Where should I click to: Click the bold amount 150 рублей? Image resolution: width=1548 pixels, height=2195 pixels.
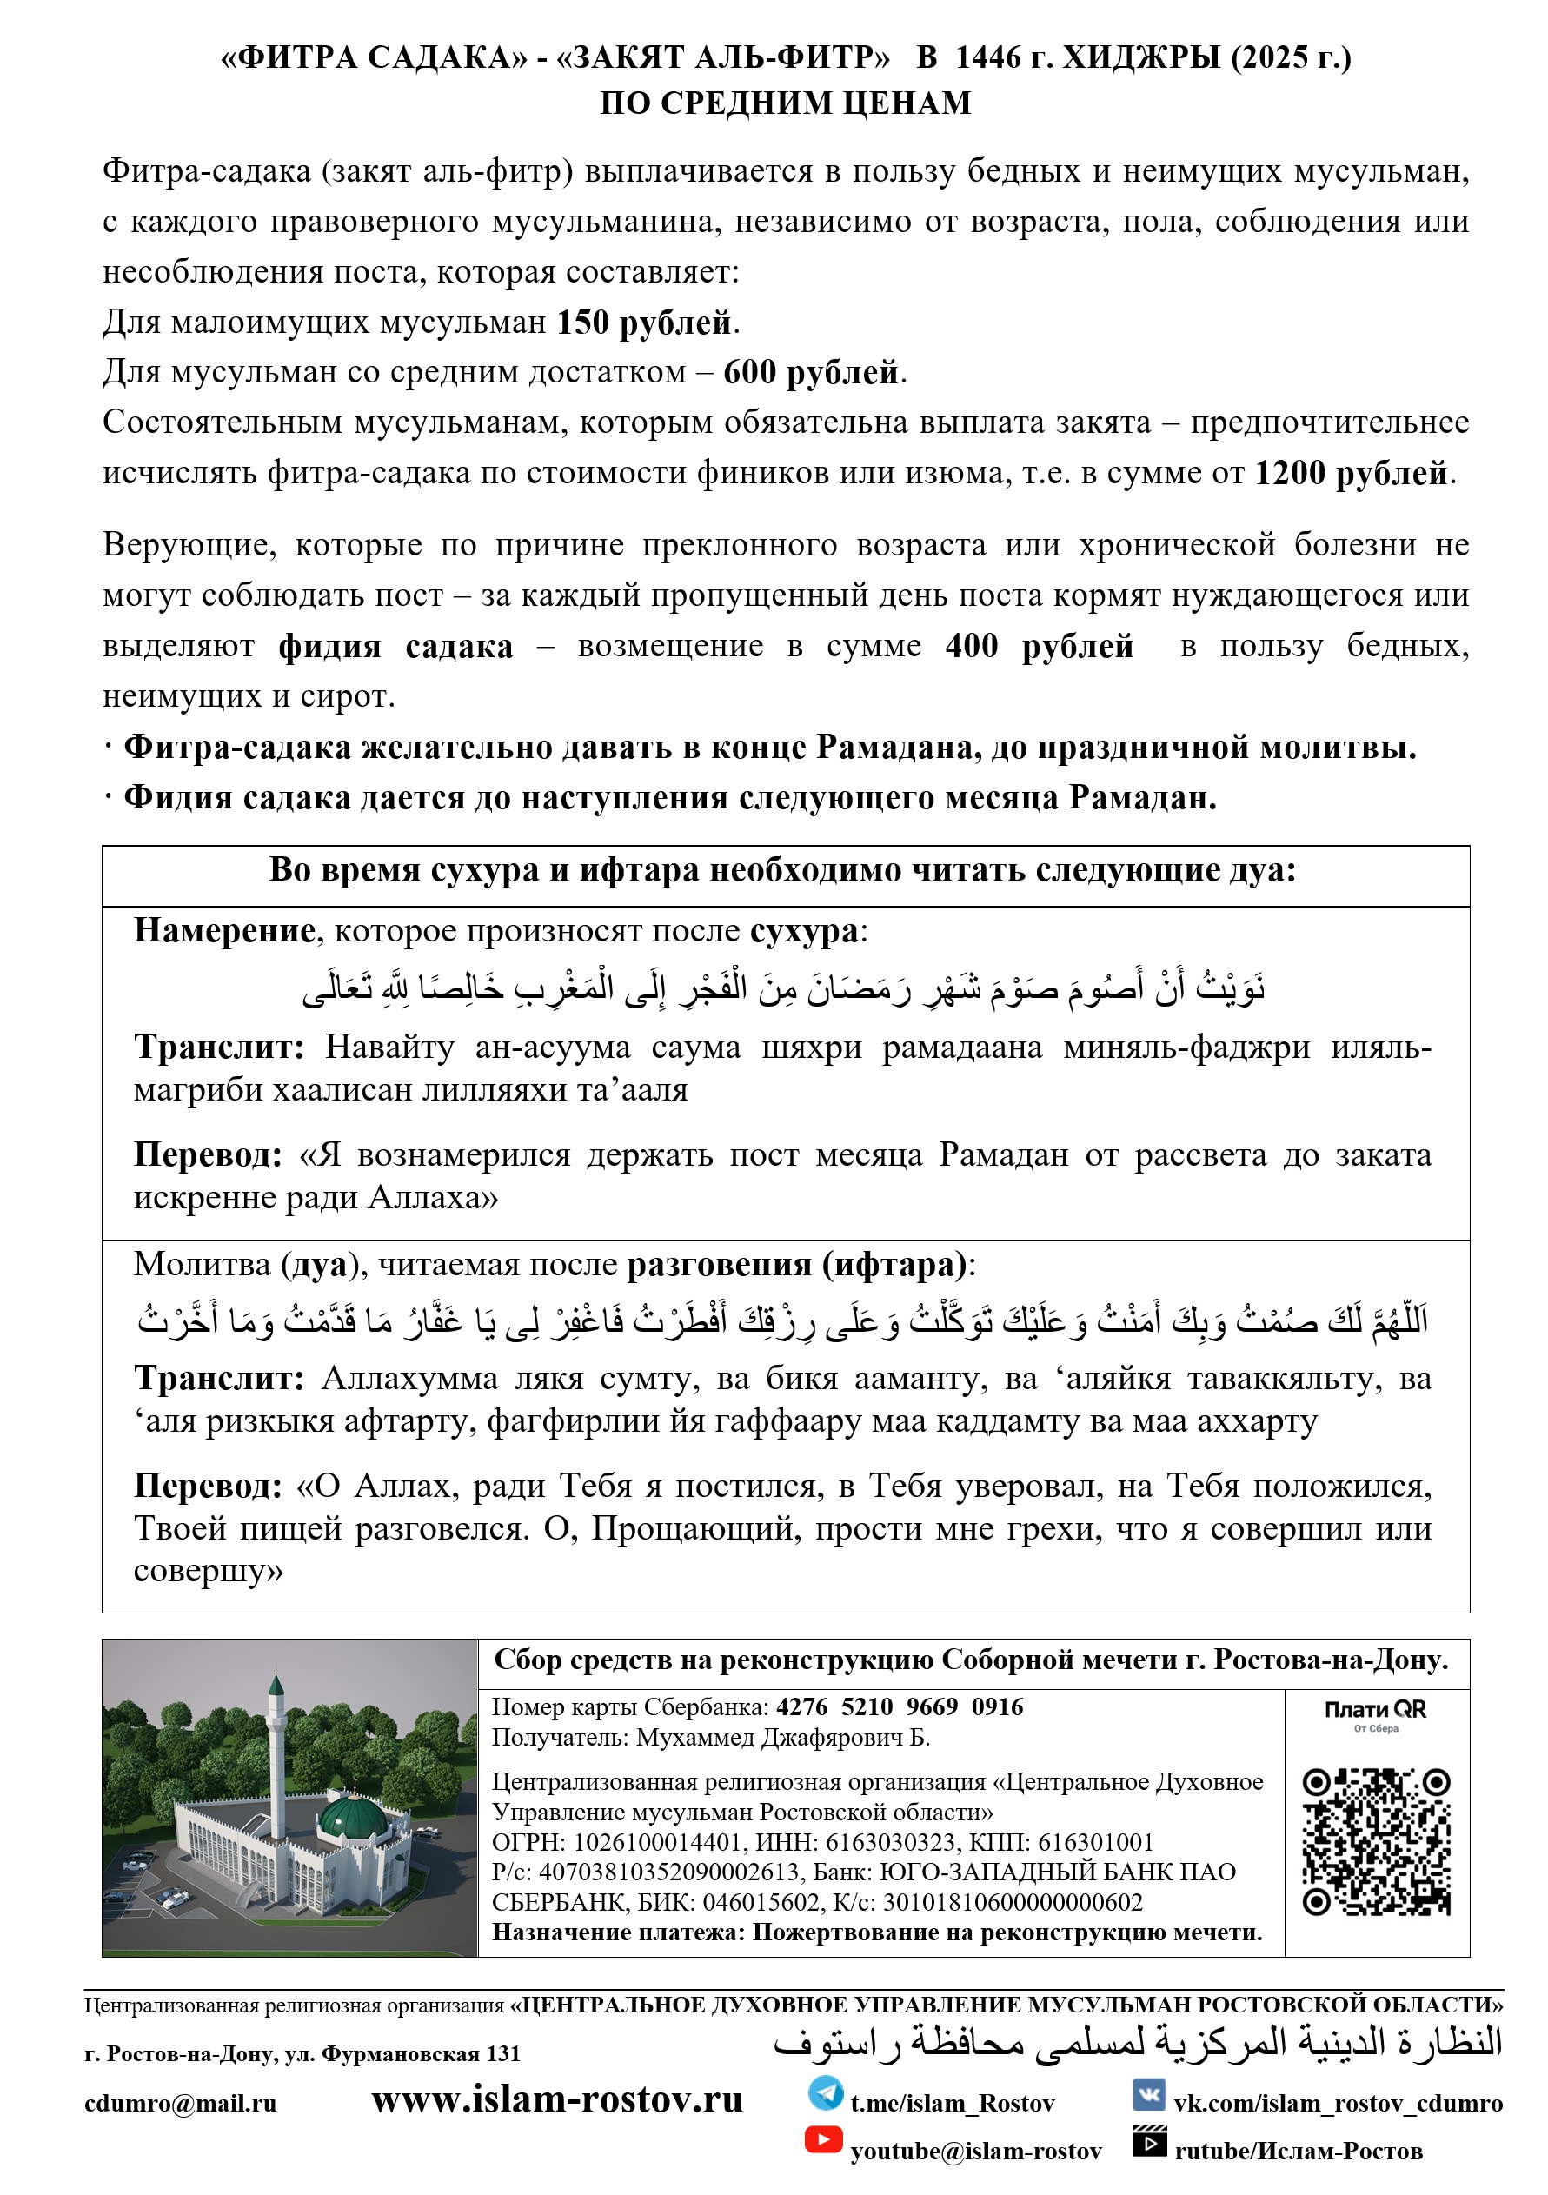(x=643, y=323)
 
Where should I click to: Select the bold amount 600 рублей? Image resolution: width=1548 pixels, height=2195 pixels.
(x=811, y=373)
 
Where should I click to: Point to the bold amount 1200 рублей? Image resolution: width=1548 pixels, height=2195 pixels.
(x=1350, y=473)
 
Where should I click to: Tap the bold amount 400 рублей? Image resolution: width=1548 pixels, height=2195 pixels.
(x=1039, y=646)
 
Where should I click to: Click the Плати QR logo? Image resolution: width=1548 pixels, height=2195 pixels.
(x=1375, y=1713)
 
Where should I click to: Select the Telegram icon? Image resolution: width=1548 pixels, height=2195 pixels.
(x=825, y=2092)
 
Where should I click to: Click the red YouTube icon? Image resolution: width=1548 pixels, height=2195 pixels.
(x=823, y=2139)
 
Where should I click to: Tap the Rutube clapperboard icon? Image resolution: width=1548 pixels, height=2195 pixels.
(x=1149, y=2140)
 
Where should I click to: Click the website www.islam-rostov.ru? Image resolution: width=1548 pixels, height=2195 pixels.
(x=556, y=2099)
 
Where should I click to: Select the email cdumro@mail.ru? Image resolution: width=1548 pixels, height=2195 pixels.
(x=180, y=2103)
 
